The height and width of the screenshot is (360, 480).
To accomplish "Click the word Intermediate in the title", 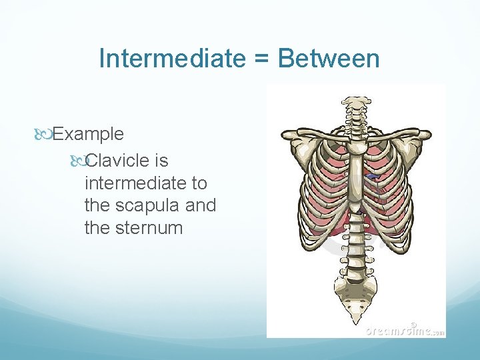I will (171, 59).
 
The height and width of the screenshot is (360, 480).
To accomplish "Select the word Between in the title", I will (329, 59).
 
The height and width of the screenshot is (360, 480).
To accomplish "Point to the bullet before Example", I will (43, 134).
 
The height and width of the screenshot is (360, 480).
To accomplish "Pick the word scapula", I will (149, 205).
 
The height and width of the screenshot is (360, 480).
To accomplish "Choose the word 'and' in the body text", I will (201, 205).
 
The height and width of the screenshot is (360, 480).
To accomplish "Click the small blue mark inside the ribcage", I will (371, 177).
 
